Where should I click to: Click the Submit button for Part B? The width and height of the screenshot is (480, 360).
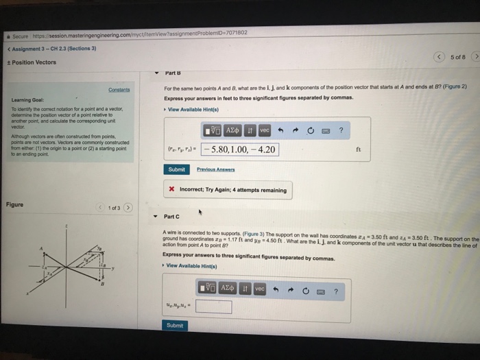point(176,169)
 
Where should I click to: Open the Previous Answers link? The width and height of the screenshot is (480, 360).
point(215,169)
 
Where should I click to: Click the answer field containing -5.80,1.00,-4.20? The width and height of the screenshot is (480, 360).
point(245,149)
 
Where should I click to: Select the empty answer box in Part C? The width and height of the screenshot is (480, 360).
point(213,307)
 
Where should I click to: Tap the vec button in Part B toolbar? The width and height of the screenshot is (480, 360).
point(265,130)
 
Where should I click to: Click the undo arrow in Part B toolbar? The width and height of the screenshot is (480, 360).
point(281,130)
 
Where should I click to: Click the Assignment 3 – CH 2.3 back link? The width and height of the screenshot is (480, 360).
point(51,49)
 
